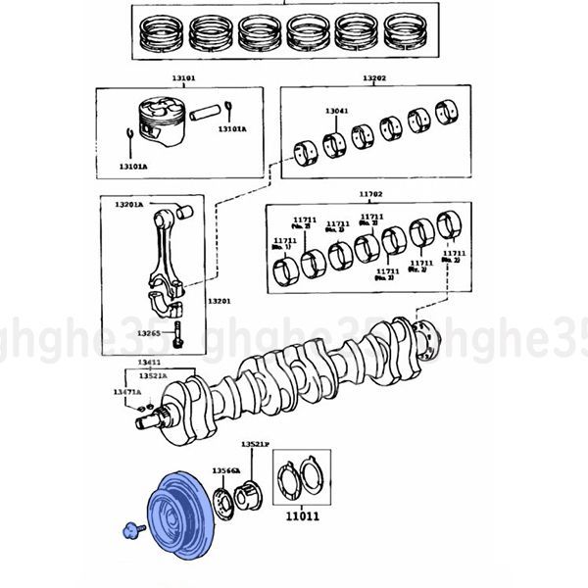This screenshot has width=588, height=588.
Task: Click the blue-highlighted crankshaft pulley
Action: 179,515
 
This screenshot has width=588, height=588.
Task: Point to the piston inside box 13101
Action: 161,122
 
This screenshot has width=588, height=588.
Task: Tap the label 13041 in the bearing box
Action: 335,112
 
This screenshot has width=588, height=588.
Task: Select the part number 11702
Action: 370,195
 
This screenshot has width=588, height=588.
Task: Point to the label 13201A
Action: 128,205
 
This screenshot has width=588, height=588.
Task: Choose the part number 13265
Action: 148,333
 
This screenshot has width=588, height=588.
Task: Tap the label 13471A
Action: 126,392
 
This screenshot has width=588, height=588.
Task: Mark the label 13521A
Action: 152,375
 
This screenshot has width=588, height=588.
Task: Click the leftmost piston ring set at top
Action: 162,36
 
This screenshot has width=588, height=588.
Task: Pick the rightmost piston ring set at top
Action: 408,36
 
